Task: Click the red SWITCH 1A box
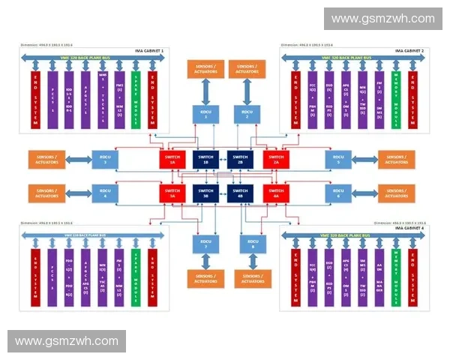coord(172,159)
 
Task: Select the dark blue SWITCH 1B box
coord(205,159)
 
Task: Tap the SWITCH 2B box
coord(240,159)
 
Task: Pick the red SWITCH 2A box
coord(275,159)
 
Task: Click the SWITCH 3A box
coord(172,193)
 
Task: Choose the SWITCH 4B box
coord(240,193)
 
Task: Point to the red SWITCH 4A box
coord(275,193)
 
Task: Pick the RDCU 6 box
coord(339,193)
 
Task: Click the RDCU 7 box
coord(205,243)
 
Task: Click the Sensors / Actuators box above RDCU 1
coord(205,70)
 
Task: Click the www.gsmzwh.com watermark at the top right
coord(383,19)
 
